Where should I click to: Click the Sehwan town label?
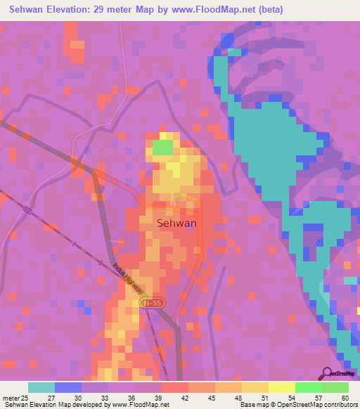pos(176,223)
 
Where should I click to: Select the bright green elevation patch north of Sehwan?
pos(163,148)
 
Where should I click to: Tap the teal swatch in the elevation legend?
pos(41,387)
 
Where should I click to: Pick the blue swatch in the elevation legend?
pos(68,387)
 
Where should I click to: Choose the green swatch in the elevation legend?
pos(308,387)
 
